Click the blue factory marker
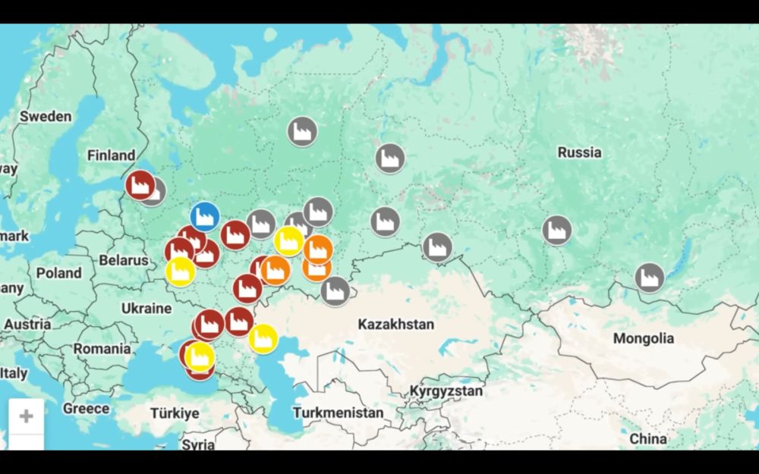[204, 217]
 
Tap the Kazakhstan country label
[396, 325]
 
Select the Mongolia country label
[643, 338]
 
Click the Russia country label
[579, 152]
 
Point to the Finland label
[111, 155]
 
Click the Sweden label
[46, 117]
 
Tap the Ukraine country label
[146, 309]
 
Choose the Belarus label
[124, 260]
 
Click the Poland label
[59, 273]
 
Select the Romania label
[102, 349]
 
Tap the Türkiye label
[175, 413]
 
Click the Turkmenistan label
[338, 413]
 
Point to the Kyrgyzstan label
[446, 391]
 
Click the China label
[648, 438]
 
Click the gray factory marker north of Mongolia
[649, 278]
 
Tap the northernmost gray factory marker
[302, 131]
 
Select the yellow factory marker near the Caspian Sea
[263, 338]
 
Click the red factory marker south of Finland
[140, 184]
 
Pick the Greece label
[86, 409]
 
